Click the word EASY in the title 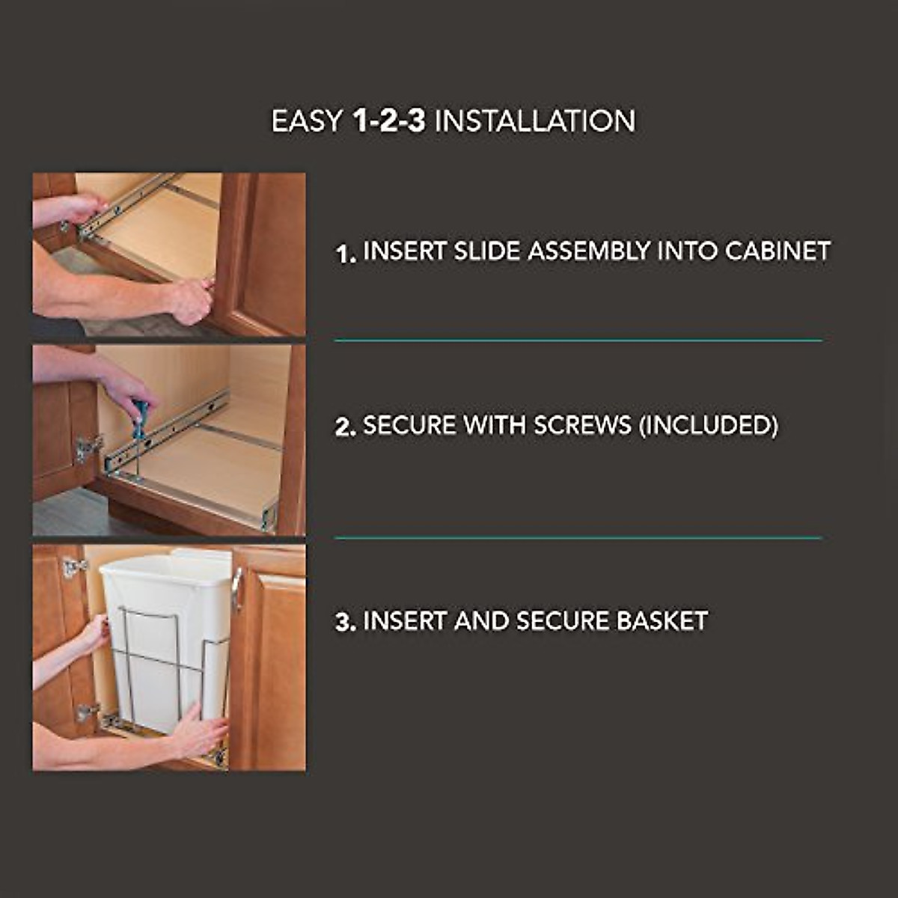tap(307, 121)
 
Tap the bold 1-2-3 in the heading tap(388, 121)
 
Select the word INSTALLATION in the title tap(535, 121)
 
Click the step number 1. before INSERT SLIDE tap(345, 254)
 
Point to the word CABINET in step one tap(778, 251)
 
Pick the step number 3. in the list tap(345, 623)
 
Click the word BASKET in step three tap(662, 621)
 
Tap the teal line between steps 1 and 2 tap(578, 340)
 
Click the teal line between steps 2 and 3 tap(578, 537)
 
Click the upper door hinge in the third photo tap(73, 567)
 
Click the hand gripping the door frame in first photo tap(191, 299)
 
